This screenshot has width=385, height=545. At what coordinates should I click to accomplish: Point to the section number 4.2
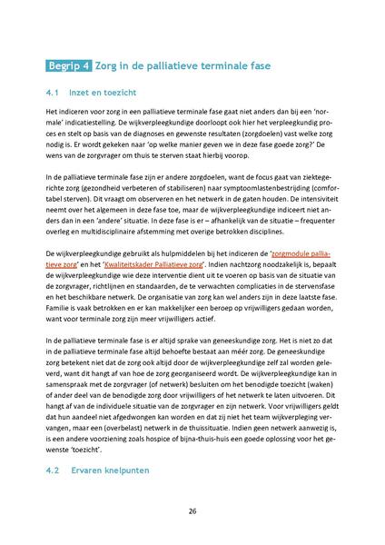click(52, 471)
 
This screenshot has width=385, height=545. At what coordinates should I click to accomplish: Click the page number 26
click(192, 511)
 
